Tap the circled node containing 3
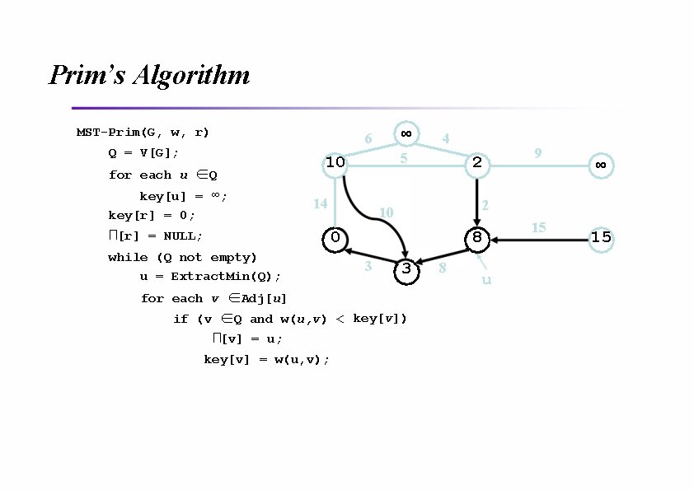point(406,269)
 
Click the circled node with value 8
point(476,238)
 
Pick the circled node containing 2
point(476,163)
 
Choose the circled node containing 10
point(335,163)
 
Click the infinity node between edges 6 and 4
point(406,133)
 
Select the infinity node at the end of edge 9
point(601,165)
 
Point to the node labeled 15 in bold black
point(601,238)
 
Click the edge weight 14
point(321,203)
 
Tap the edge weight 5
point(404,157)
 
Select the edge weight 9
point(537,152)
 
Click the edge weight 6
point(368,139)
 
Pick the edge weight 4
point(445,139)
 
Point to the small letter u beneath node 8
point(486,281)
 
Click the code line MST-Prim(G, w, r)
point(143,132)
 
